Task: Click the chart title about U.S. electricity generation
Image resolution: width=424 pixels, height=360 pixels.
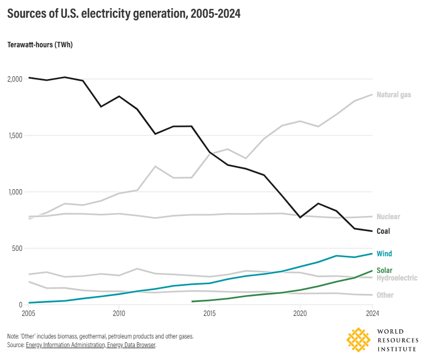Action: (x=123, y=15)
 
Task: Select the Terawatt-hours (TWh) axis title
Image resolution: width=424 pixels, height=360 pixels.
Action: (x=40, y=45)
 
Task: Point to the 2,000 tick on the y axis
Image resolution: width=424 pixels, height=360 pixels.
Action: (x=14, y=79)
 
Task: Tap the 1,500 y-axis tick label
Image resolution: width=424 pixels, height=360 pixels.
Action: (x=14, y=135)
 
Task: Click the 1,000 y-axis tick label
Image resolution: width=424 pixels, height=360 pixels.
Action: (x=14, y=192)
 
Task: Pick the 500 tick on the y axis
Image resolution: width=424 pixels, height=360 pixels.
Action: (x=17, y=248)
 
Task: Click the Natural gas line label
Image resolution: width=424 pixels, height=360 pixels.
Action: (x=393, y=95)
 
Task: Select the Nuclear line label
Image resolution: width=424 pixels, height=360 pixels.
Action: (x=388, y=217)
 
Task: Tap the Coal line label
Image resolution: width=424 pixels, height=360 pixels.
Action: (x=383, y=231)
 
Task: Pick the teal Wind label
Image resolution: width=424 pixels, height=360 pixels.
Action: (x=384, y=254)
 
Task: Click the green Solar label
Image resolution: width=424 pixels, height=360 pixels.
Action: (x=384, y=270)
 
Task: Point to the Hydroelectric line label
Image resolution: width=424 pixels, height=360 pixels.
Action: (x=397, y=278)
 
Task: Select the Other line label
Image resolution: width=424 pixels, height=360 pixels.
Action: (x=385, y=295)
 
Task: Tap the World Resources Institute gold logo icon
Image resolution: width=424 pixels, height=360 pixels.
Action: (x=359, y=340)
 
